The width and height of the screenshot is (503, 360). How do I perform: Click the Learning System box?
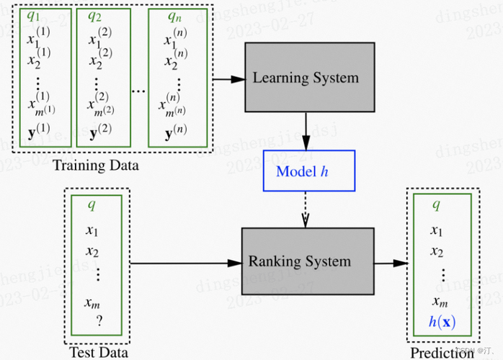pyautogui.click(x=310, y=77)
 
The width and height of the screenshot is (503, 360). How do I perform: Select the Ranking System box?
pyautogui.click(x=307, y=261)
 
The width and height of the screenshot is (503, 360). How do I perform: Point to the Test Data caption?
pyautogui.click(x=98, y=352)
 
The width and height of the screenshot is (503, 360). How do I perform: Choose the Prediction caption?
pyautogui.click(x=442, y=352)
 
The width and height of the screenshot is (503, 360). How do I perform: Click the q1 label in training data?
pyautogui.click(x=33, y=15)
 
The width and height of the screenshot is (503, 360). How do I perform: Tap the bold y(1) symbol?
pyautogui.click(x=37, y=132)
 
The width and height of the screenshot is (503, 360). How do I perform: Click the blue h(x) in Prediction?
pyautogui.click(x=442, y=322)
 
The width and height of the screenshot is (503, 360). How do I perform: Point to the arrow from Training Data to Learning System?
pyautogui.click(x=228, y=78)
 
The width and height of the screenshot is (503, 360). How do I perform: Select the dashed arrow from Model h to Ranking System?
pyautogui.click(x=308, y=209)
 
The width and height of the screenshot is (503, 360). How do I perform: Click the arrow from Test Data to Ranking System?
pyautogui.click(x=186, y=262)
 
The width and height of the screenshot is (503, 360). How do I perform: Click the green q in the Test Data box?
pyautogui.click(x=92, y=204)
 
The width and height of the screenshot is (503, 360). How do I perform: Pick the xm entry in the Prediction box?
pyautogui.click(x=439, y=302)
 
